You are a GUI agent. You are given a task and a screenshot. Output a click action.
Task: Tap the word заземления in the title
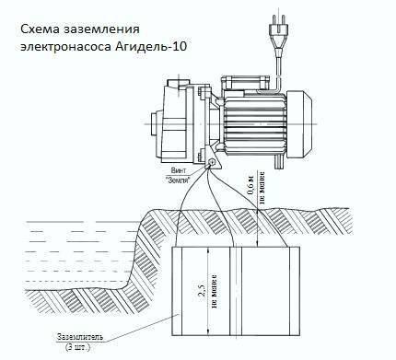[101, 29]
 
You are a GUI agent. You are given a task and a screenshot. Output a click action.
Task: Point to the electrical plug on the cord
[278, 29]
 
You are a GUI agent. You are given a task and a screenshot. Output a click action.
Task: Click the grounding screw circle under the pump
[212, 163]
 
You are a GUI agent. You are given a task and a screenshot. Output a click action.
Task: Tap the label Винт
[179, 170]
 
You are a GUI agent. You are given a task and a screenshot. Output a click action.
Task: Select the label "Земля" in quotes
[178, 180]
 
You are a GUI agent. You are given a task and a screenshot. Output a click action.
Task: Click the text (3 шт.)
[77, 348]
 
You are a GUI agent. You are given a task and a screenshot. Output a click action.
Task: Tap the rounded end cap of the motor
[299, 123]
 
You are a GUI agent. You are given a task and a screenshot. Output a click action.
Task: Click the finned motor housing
[255, 123]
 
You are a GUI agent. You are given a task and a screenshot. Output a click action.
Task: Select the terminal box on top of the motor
[246, 82]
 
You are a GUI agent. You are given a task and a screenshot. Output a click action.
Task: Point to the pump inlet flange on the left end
[156, 125]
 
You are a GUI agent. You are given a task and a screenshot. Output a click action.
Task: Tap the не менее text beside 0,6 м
[262, 188]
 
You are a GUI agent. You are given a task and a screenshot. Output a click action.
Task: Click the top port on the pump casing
[179, 84]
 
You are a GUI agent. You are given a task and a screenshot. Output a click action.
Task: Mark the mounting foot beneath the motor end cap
[278, 161]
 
